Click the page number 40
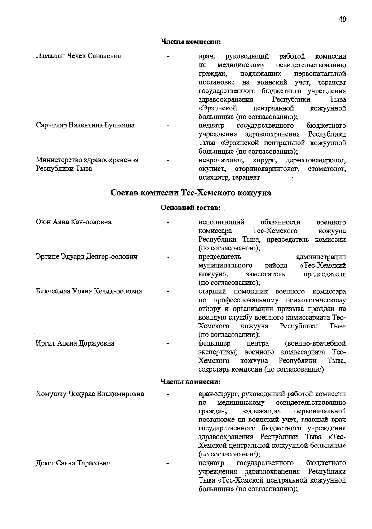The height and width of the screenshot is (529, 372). [342, 19]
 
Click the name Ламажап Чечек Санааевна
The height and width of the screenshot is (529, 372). [78, 56]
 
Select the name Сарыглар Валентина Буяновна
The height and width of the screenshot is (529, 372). [85, 126]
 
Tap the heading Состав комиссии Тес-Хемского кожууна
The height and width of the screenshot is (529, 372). [191, 193]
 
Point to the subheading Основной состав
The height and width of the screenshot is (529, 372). [190, 207]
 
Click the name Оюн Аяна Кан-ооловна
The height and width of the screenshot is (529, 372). [73, 222]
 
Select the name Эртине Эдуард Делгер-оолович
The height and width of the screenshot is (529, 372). [86, 257]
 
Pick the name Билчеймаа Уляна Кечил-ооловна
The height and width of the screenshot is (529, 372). [89, 291]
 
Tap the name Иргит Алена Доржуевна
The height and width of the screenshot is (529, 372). [75, 343]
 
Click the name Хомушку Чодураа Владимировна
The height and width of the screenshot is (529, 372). [90, 394]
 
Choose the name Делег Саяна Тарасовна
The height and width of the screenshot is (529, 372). [73, 463]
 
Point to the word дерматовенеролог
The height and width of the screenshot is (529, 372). [315, 161]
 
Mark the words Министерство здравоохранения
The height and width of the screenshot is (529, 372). [87, 160]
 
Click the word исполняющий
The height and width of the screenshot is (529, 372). [221, 222]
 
